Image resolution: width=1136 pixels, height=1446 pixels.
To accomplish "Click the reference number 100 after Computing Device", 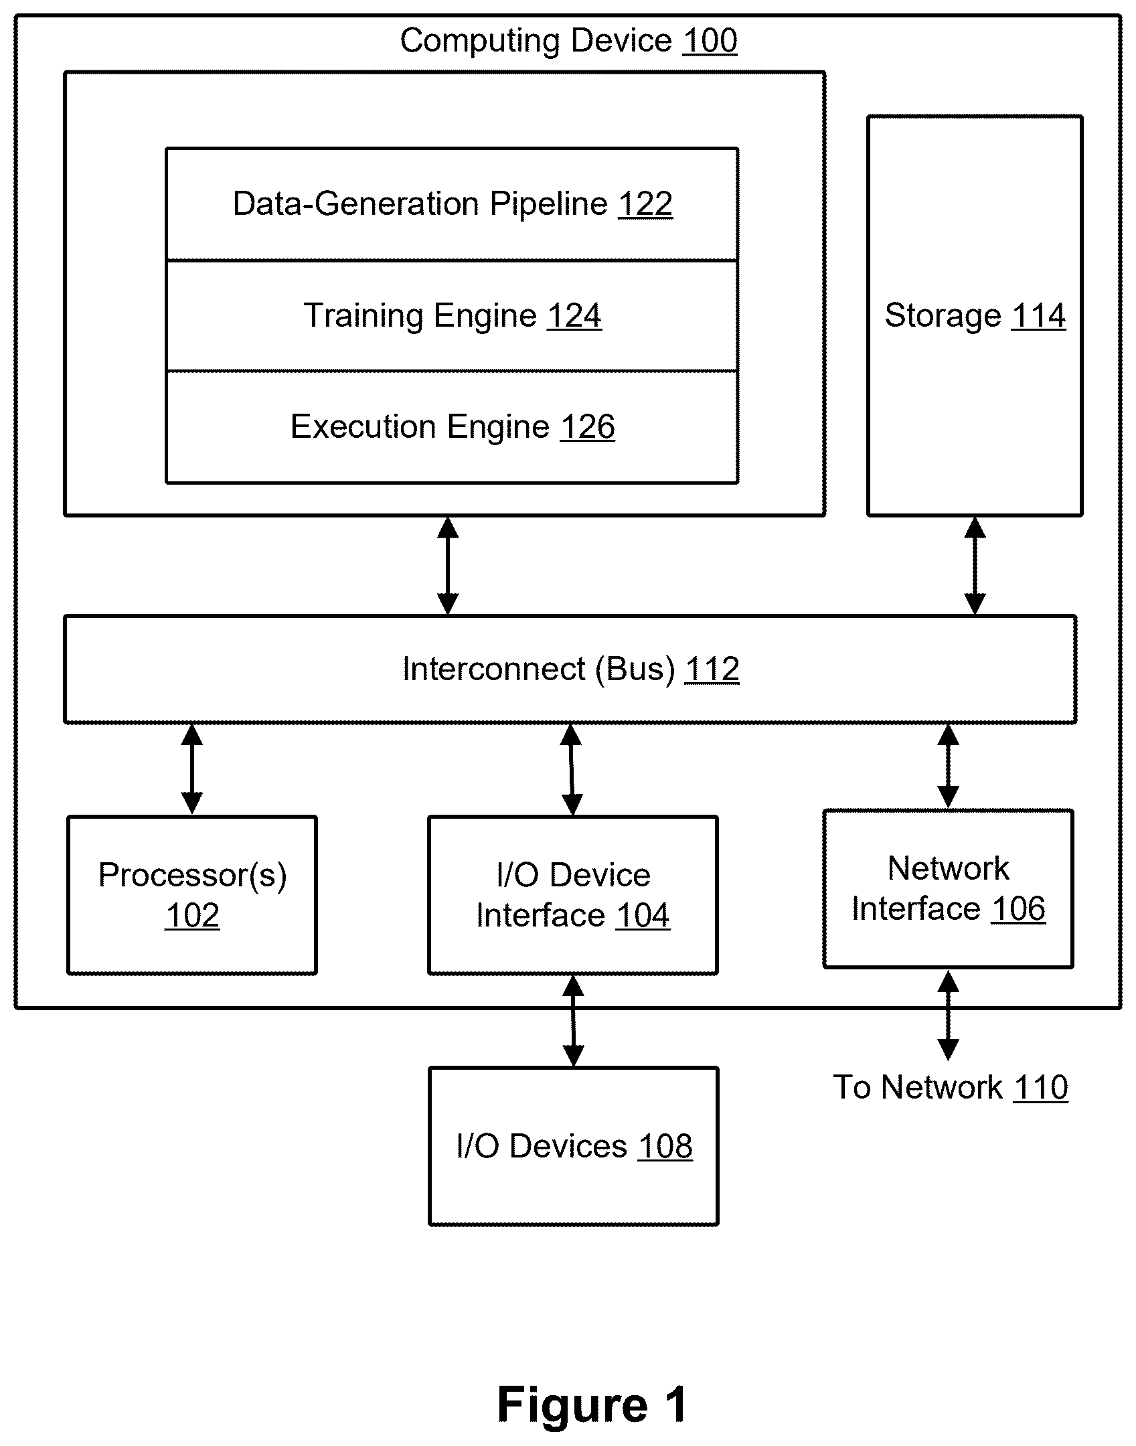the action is tap(710, 41).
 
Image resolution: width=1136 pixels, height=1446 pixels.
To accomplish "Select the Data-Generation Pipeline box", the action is tap(452, 204).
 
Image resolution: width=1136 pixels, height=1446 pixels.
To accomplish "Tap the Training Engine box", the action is tap(452, 316).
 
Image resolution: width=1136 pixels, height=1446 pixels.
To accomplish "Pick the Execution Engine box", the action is tap(452, 427).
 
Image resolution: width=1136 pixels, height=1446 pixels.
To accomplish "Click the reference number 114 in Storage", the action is tap(1038, 316).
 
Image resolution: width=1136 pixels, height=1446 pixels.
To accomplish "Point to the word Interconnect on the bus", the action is tap(494, 669).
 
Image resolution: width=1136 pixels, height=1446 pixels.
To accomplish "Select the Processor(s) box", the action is tap(192, 895).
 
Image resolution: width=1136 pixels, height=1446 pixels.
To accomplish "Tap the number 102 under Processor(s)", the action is tap(193, 916).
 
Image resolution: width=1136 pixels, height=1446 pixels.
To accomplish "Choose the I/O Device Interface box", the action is tap(573, 895).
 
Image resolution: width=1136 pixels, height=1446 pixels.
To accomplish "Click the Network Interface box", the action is tap(949, 889).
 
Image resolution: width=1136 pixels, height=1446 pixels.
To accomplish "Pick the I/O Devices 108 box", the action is tap(574, 1146).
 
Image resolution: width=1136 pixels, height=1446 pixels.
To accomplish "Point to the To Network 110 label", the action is tap(951, 1087).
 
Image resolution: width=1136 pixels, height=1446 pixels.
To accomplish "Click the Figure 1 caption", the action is tap(592, 1404).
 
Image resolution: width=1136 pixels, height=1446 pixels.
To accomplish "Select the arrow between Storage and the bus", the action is tap(975, 566).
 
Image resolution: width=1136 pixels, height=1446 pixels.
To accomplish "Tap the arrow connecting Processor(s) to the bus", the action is tap(192, 769).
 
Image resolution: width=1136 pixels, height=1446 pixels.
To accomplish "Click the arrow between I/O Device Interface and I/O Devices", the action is tap(573, 1021).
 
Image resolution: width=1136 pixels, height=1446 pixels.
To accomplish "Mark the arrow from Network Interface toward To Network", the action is tap(948, 1015).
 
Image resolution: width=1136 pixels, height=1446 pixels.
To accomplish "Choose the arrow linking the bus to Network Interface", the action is tap(948, 767).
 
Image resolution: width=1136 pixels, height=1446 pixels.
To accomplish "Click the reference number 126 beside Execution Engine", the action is tap(588, 427).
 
